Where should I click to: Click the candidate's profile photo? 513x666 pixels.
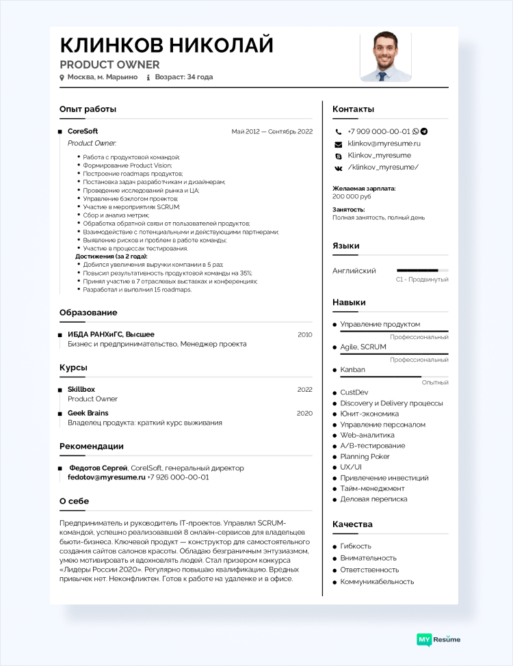(386, 57)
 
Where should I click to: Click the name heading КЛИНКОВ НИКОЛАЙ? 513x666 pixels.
(166, 45)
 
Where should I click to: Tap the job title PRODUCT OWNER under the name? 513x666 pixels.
(109, 65)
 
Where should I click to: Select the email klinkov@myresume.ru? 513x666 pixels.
(384, 144)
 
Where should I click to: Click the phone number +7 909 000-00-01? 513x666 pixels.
(378, 131)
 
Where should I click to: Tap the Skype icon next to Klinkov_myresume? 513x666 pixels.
(338, 156)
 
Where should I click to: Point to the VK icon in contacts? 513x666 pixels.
(338, 168)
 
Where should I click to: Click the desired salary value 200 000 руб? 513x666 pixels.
(352, 196)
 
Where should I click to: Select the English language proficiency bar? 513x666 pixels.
(422, 271)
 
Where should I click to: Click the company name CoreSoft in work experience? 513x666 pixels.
(83, 131)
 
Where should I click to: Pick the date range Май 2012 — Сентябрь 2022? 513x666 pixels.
(272, 131)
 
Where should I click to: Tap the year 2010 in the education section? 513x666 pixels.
(304, 334)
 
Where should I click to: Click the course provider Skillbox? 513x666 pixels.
(81, 389)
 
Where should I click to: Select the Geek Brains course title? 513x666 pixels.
(88, 413)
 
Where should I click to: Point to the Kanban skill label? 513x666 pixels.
(352, 370)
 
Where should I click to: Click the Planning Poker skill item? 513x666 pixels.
(365, 456)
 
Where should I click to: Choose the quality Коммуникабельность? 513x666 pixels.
(377, 582)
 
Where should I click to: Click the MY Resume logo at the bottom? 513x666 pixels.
(438, 639)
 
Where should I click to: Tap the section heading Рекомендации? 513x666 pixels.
(92, 446)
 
